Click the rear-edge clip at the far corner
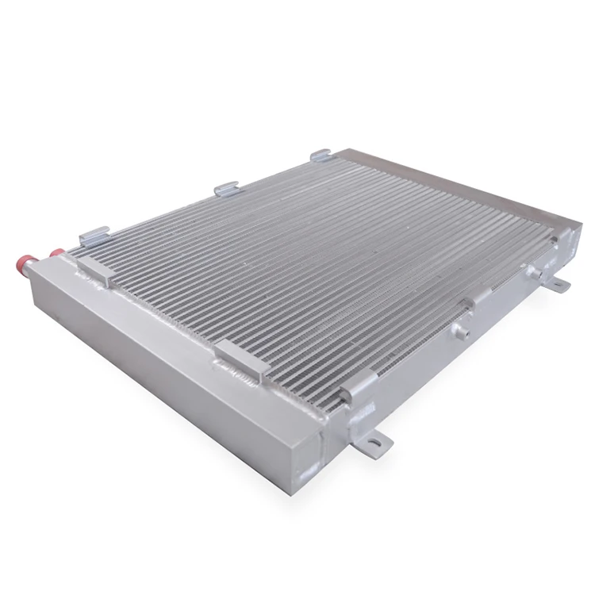click(320, 155)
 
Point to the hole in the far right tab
click(561, 283)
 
